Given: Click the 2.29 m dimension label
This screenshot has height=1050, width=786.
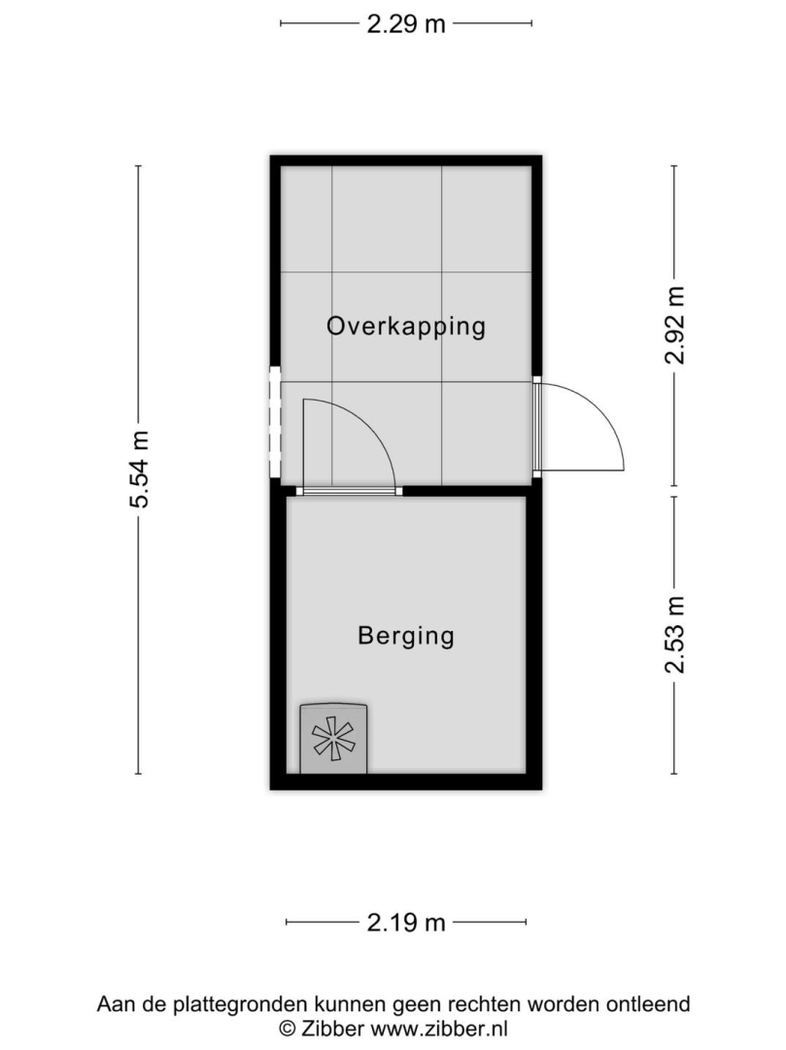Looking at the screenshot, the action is tap(406, 24).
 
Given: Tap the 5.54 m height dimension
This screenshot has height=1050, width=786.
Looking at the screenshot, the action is tap(140, 470).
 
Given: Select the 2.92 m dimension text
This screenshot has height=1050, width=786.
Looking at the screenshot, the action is tap(675, 325).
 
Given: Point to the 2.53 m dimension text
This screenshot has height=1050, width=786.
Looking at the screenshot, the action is tap(675, 634).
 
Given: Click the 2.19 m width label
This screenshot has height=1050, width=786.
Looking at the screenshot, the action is tap(406, 923).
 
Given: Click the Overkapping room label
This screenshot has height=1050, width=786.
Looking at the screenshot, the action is tap(406, 327).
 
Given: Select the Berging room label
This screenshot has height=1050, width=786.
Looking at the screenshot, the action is tap(406, 636).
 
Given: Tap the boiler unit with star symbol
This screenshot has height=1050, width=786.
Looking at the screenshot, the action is tap(333, 739).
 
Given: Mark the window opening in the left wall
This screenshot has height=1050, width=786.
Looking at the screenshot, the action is tap(275, 421).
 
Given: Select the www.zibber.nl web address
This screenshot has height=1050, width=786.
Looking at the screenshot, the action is tap(439, 1029).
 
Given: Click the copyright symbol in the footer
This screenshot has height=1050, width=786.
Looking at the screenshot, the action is tap(287, 1029).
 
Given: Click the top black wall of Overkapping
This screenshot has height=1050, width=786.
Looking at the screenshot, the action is tap(406, 160).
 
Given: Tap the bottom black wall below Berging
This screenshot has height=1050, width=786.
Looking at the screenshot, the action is tap(406, 782).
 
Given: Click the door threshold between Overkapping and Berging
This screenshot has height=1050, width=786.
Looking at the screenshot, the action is tap(349, 491).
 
